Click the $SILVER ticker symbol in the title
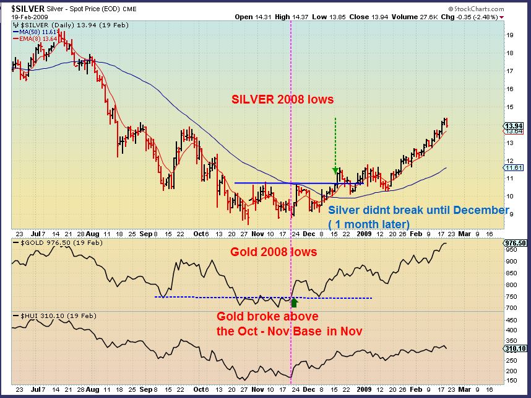(26, 7)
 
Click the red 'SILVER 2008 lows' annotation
(282, 99)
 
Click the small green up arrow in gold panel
(295, 303)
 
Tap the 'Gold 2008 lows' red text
(274, 252)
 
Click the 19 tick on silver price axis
(511, 35)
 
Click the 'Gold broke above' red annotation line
(262, 317)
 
